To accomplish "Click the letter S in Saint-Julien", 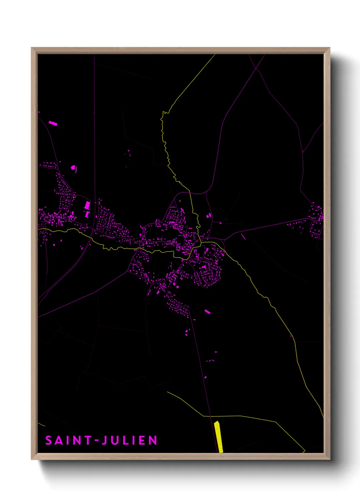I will pos(49,440).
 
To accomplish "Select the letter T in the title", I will pos(88,440).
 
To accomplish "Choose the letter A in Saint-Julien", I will pos(59,440).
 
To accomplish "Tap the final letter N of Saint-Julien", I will pos(153,440).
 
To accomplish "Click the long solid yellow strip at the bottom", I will pos(219,438).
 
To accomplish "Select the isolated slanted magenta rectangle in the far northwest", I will pos(53,123).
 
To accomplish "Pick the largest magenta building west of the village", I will pos(87,205).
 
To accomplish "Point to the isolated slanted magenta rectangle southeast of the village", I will pos(207,311).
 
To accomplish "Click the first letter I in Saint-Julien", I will pos(68,440).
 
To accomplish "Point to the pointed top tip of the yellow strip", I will pos(216,422).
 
